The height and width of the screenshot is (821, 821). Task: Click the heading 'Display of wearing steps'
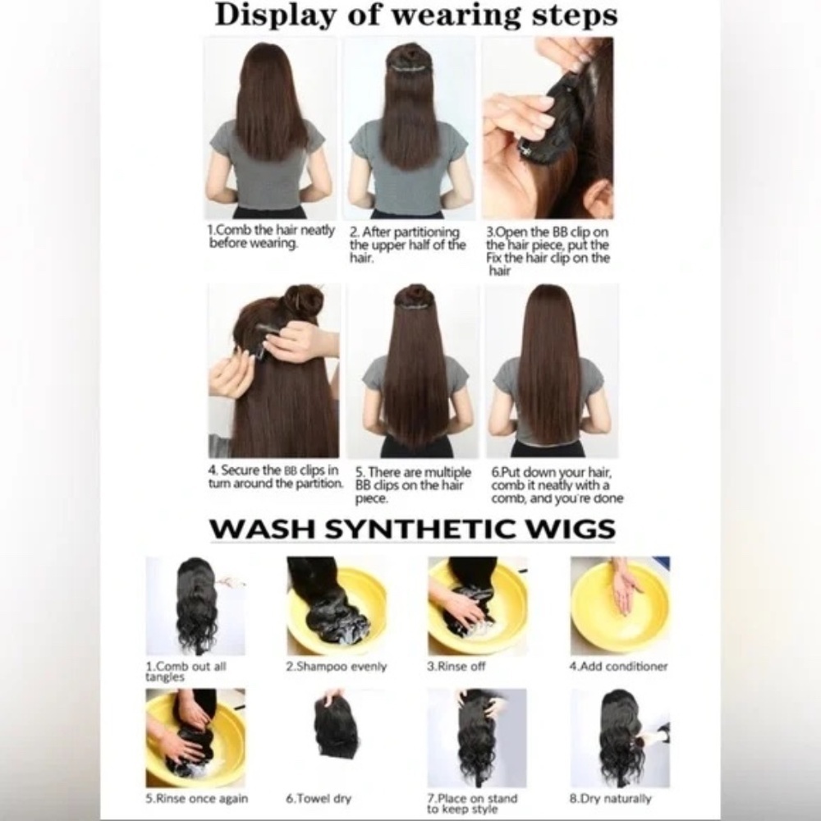[x=415, y=16]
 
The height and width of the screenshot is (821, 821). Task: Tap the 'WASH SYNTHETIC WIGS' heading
[x=412, y=529]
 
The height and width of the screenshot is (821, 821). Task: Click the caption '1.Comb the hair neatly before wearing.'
[x=271, y=236]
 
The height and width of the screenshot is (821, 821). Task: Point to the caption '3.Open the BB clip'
[x=548, y=251]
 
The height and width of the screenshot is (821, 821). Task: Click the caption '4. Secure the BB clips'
[x=274, y=477]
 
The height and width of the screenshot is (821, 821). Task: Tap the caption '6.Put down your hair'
[x=557, y=485]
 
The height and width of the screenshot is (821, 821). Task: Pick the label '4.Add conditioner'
[x=618, y=667]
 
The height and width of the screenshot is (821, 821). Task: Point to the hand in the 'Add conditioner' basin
[x=626, y=589]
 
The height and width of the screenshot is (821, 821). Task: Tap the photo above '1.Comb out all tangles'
[x=195, y=605]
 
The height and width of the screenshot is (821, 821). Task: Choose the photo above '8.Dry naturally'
[x=620, y=737]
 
